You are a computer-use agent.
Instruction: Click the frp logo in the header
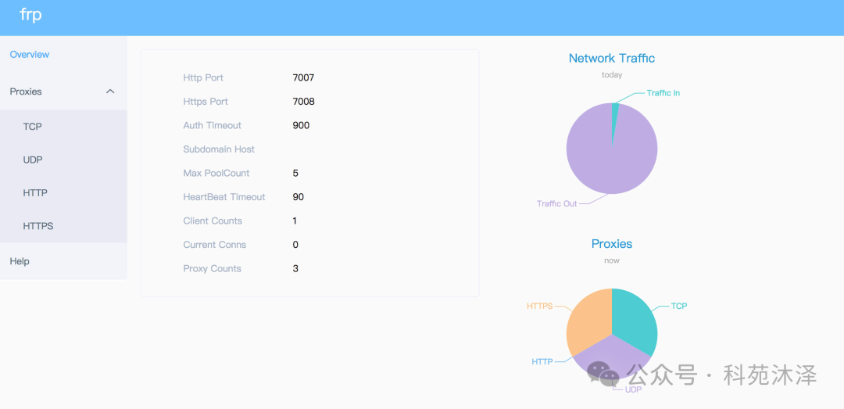30,16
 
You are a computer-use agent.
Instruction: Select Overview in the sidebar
30,55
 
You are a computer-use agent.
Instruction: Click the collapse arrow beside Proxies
110,91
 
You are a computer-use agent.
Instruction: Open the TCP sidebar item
33,127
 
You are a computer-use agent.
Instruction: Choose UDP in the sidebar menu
33,160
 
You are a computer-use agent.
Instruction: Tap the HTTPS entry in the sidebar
38,226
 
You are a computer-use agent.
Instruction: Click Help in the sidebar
20,261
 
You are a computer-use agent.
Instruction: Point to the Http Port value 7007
303,78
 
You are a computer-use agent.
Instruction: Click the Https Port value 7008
303,102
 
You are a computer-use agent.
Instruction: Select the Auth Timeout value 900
301,126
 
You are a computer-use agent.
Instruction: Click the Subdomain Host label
219,149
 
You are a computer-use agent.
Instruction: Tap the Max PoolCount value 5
295,174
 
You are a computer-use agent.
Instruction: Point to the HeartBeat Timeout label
224,197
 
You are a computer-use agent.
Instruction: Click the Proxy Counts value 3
295,269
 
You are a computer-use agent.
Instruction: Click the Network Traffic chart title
612,58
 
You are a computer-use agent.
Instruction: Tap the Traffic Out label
556,204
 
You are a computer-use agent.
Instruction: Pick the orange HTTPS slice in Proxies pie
588,321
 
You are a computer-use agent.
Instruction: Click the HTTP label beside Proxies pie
542,362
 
